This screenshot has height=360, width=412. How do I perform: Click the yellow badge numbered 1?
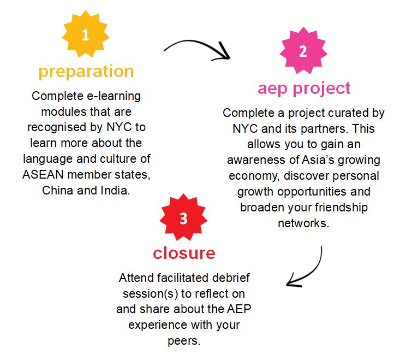pos(85,34)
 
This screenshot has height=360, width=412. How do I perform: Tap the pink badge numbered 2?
pos(303,50)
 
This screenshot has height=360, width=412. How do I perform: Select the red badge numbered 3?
pos(183,217)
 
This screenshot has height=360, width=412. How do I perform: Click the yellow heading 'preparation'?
pos(86,72)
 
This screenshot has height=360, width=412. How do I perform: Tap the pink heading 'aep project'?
pos(304,88)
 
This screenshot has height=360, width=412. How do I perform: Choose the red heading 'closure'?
pos(184,253)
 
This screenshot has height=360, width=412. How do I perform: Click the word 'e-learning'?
pos(114,96)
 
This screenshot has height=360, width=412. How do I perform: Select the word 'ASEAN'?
pos(43,175)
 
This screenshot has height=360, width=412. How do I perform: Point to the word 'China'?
pos(57,191)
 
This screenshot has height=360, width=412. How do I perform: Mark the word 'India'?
pos(115,191)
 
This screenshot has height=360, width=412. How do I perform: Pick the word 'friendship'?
pos(341,208)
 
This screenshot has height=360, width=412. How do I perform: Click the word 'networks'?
pos(303,223)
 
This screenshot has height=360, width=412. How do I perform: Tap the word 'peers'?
pos(184,341)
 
